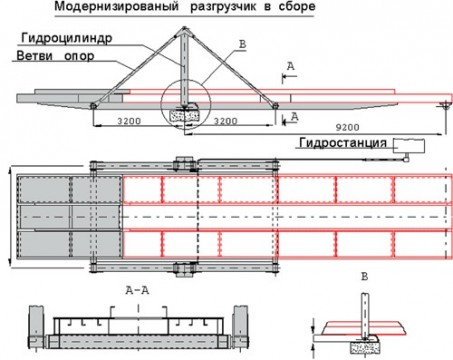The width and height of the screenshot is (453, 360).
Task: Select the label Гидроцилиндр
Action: [x=62, y=38]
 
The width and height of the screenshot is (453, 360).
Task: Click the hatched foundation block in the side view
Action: [x=185, y=115]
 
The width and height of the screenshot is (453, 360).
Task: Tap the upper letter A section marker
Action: [x=290, y=65]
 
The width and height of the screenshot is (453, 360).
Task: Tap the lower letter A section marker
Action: [x=290, y=117]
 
